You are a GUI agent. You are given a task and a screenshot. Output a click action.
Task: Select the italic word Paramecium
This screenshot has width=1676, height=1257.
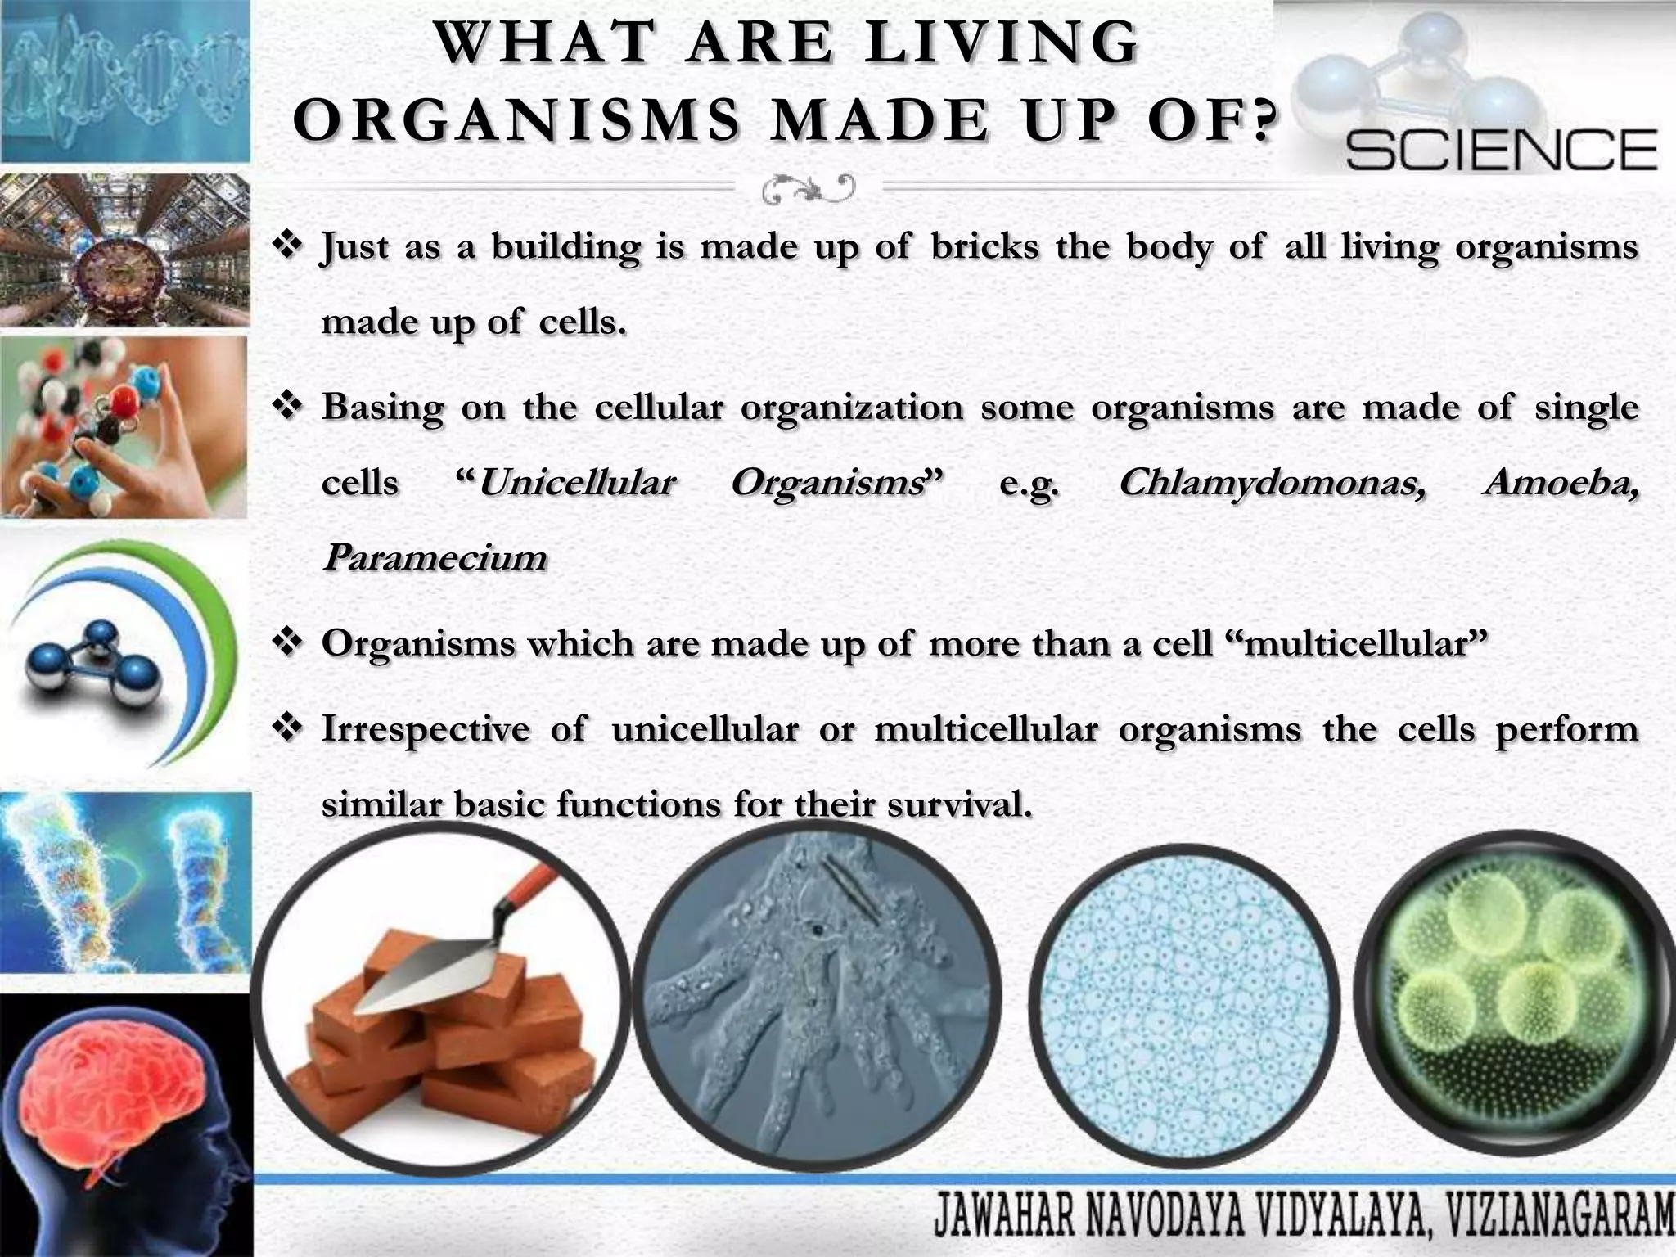click(435, 558)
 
